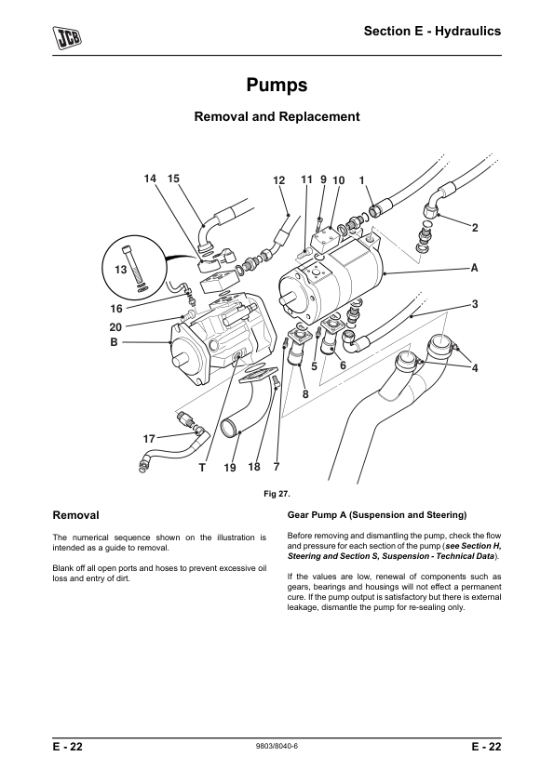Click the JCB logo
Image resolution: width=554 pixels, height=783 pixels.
click(67, 37)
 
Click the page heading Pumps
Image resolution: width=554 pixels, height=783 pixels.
click(277, 85)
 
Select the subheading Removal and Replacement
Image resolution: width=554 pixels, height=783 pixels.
click(277, 116)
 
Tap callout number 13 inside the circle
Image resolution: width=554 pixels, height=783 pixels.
click(120, 270)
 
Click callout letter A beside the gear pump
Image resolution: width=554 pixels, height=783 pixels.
click(474, 268)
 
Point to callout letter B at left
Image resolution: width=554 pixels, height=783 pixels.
click(114, 342)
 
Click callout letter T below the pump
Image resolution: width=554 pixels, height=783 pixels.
click(202, 468)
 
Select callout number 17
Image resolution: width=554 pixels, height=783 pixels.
click(149, 439)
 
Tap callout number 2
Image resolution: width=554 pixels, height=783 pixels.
click(475, 228)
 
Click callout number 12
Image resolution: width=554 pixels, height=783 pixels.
click(279, 180)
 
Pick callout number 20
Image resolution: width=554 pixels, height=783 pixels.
click(115, 327)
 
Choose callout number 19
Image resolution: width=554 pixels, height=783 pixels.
click(229, 468)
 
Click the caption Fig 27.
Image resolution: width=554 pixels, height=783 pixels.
click(277, 494)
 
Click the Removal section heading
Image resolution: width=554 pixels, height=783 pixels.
click(76, 515)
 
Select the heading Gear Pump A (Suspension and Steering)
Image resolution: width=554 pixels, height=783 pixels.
click(376, 515)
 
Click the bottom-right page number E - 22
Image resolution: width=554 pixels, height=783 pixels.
click(486, 747)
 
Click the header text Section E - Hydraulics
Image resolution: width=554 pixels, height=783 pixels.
click(432, 31)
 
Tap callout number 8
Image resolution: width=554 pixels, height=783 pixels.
click(305, 394)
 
